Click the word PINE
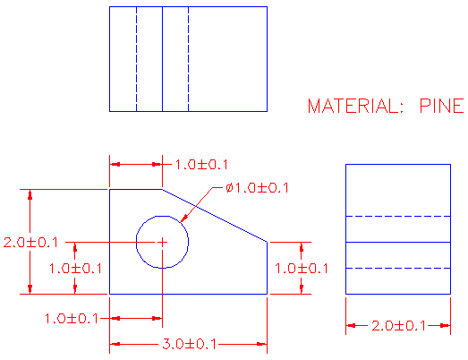[440, 107]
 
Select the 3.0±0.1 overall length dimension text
[189, 344]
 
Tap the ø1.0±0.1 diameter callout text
[258, 188]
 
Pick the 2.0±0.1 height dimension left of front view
[31, 243]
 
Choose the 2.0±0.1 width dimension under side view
[398, 326]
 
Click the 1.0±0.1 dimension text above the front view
[201, 165]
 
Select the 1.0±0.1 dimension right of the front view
[302, 268]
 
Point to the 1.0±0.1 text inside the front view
[76, 268]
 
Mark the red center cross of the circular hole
[162, 242]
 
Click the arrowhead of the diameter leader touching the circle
[183, 220]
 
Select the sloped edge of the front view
[215, 215]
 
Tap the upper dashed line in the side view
[398, 216]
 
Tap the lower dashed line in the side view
[398, 268]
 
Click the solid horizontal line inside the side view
[398, 242]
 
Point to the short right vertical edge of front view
[268, 268]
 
